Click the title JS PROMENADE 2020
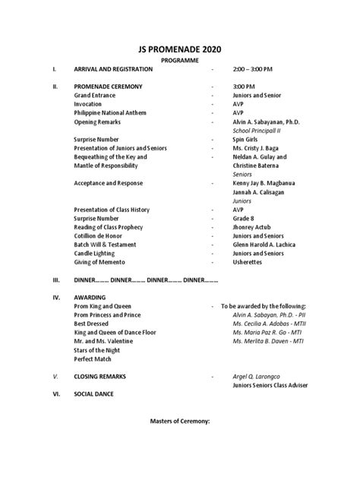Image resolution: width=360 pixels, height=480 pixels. [179, 47]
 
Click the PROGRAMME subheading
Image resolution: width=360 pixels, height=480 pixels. [179, 59]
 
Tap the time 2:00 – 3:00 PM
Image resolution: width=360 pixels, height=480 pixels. [252, 69]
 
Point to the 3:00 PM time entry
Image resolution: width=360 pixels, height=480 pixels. [244, 87]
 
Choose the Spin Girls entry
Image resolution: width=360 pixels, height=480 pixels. [248, 139]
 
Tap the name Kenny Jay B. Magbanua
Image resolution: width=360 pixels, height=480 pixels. [265, 183]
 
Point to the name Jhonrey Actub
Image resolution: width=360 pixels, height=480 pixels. [252, 227]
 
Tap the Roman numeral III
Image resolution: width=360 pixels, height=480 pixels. [55, 279]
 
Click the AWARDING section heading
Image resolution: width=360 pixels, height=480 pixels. [90, 297]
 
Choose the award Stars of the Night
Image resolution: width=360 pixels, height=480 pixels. [99, 349]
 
